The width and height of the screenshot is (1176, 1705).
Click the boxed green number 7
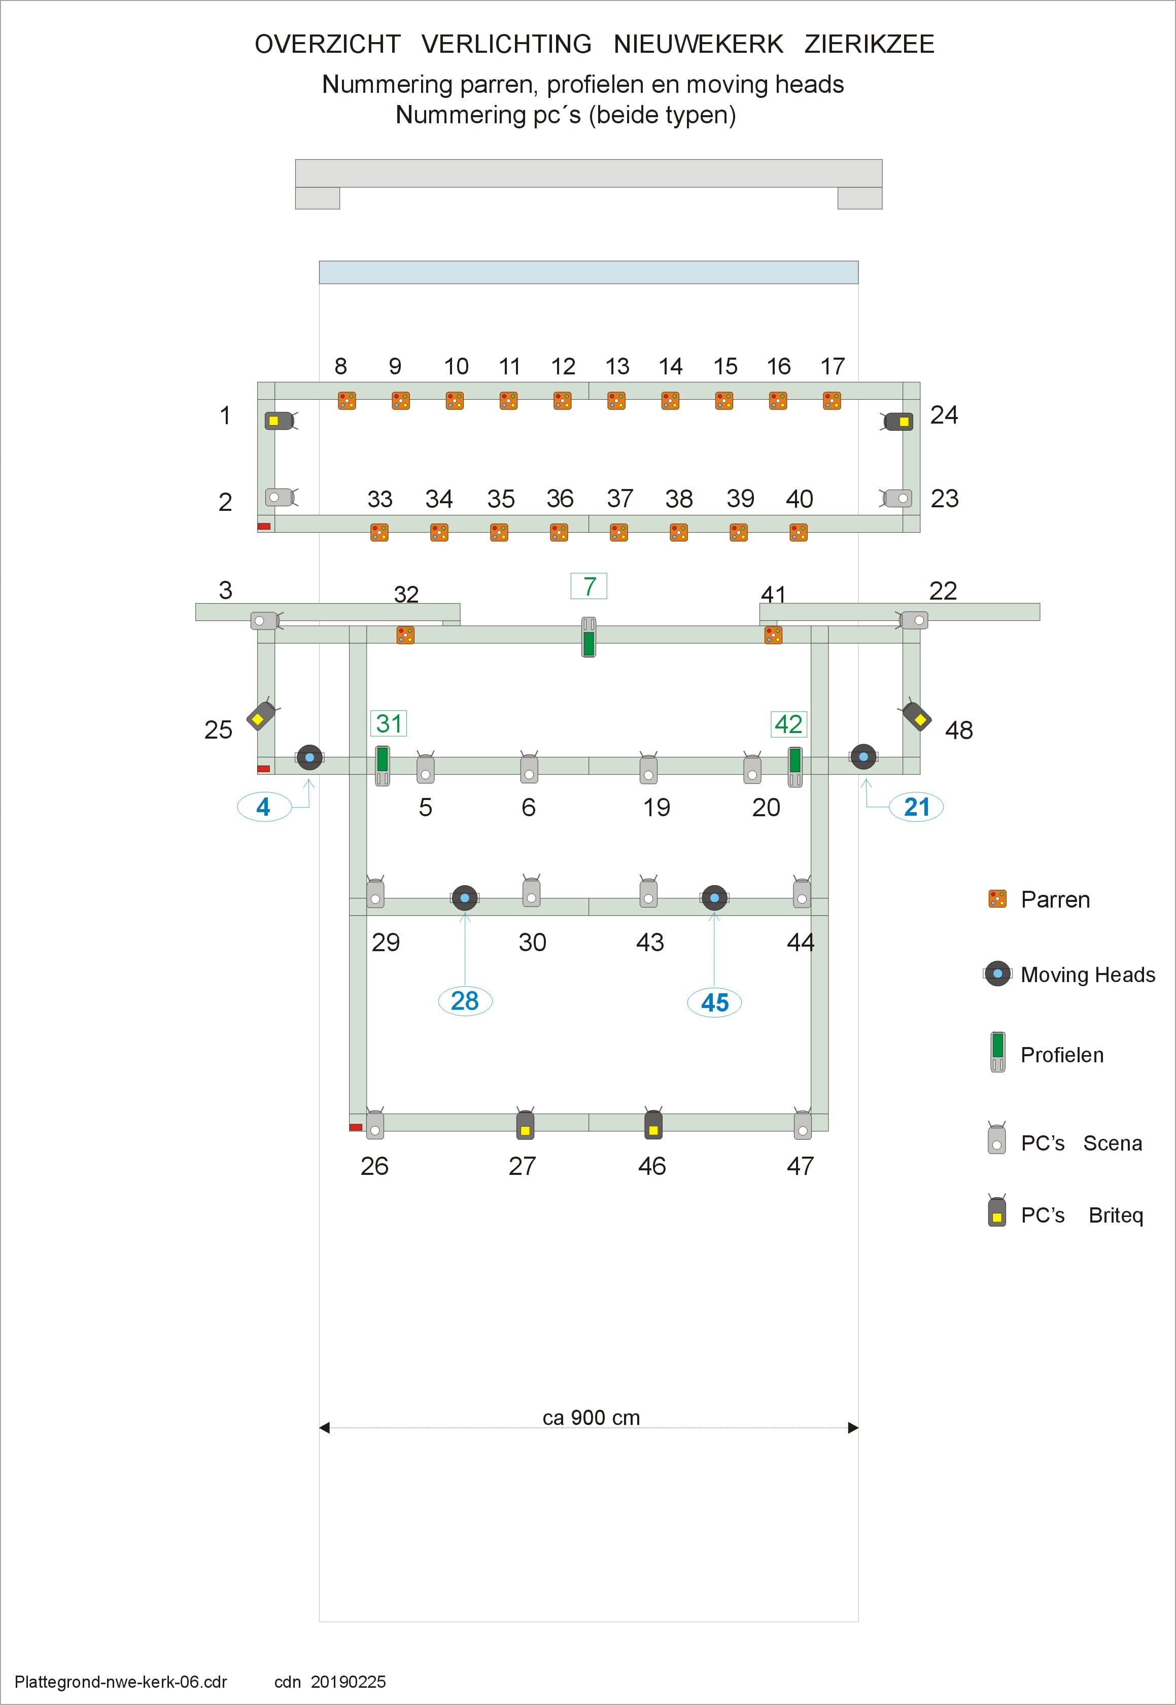point(589,586)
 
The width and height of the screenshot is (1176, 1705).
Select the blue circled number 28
point(465,1000)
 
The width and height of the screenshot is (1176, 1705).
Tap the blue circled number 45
point(714,1002)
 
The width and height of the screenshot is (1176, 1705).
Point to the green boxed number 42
point(788,723)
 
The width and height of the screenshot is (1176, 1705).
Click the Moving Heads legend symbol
point(998,973)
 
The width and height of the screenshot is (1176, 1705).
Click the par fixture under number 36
point(559,532)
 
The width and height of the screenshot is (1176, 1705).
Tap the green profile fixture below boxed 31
point(383,765)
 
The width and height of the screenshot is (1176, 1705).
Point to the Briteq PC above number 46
point(653,1124)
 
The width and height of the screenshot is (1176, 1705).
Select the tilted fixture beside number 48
point(916,715)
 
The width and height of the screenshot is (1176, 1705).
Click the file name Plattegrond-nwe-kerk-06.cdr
point(121,1682)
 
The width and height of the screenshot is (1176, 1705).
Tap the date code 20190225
point(348,1682)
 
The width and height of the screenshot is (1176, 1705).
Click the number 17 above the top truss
point(833,366)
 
